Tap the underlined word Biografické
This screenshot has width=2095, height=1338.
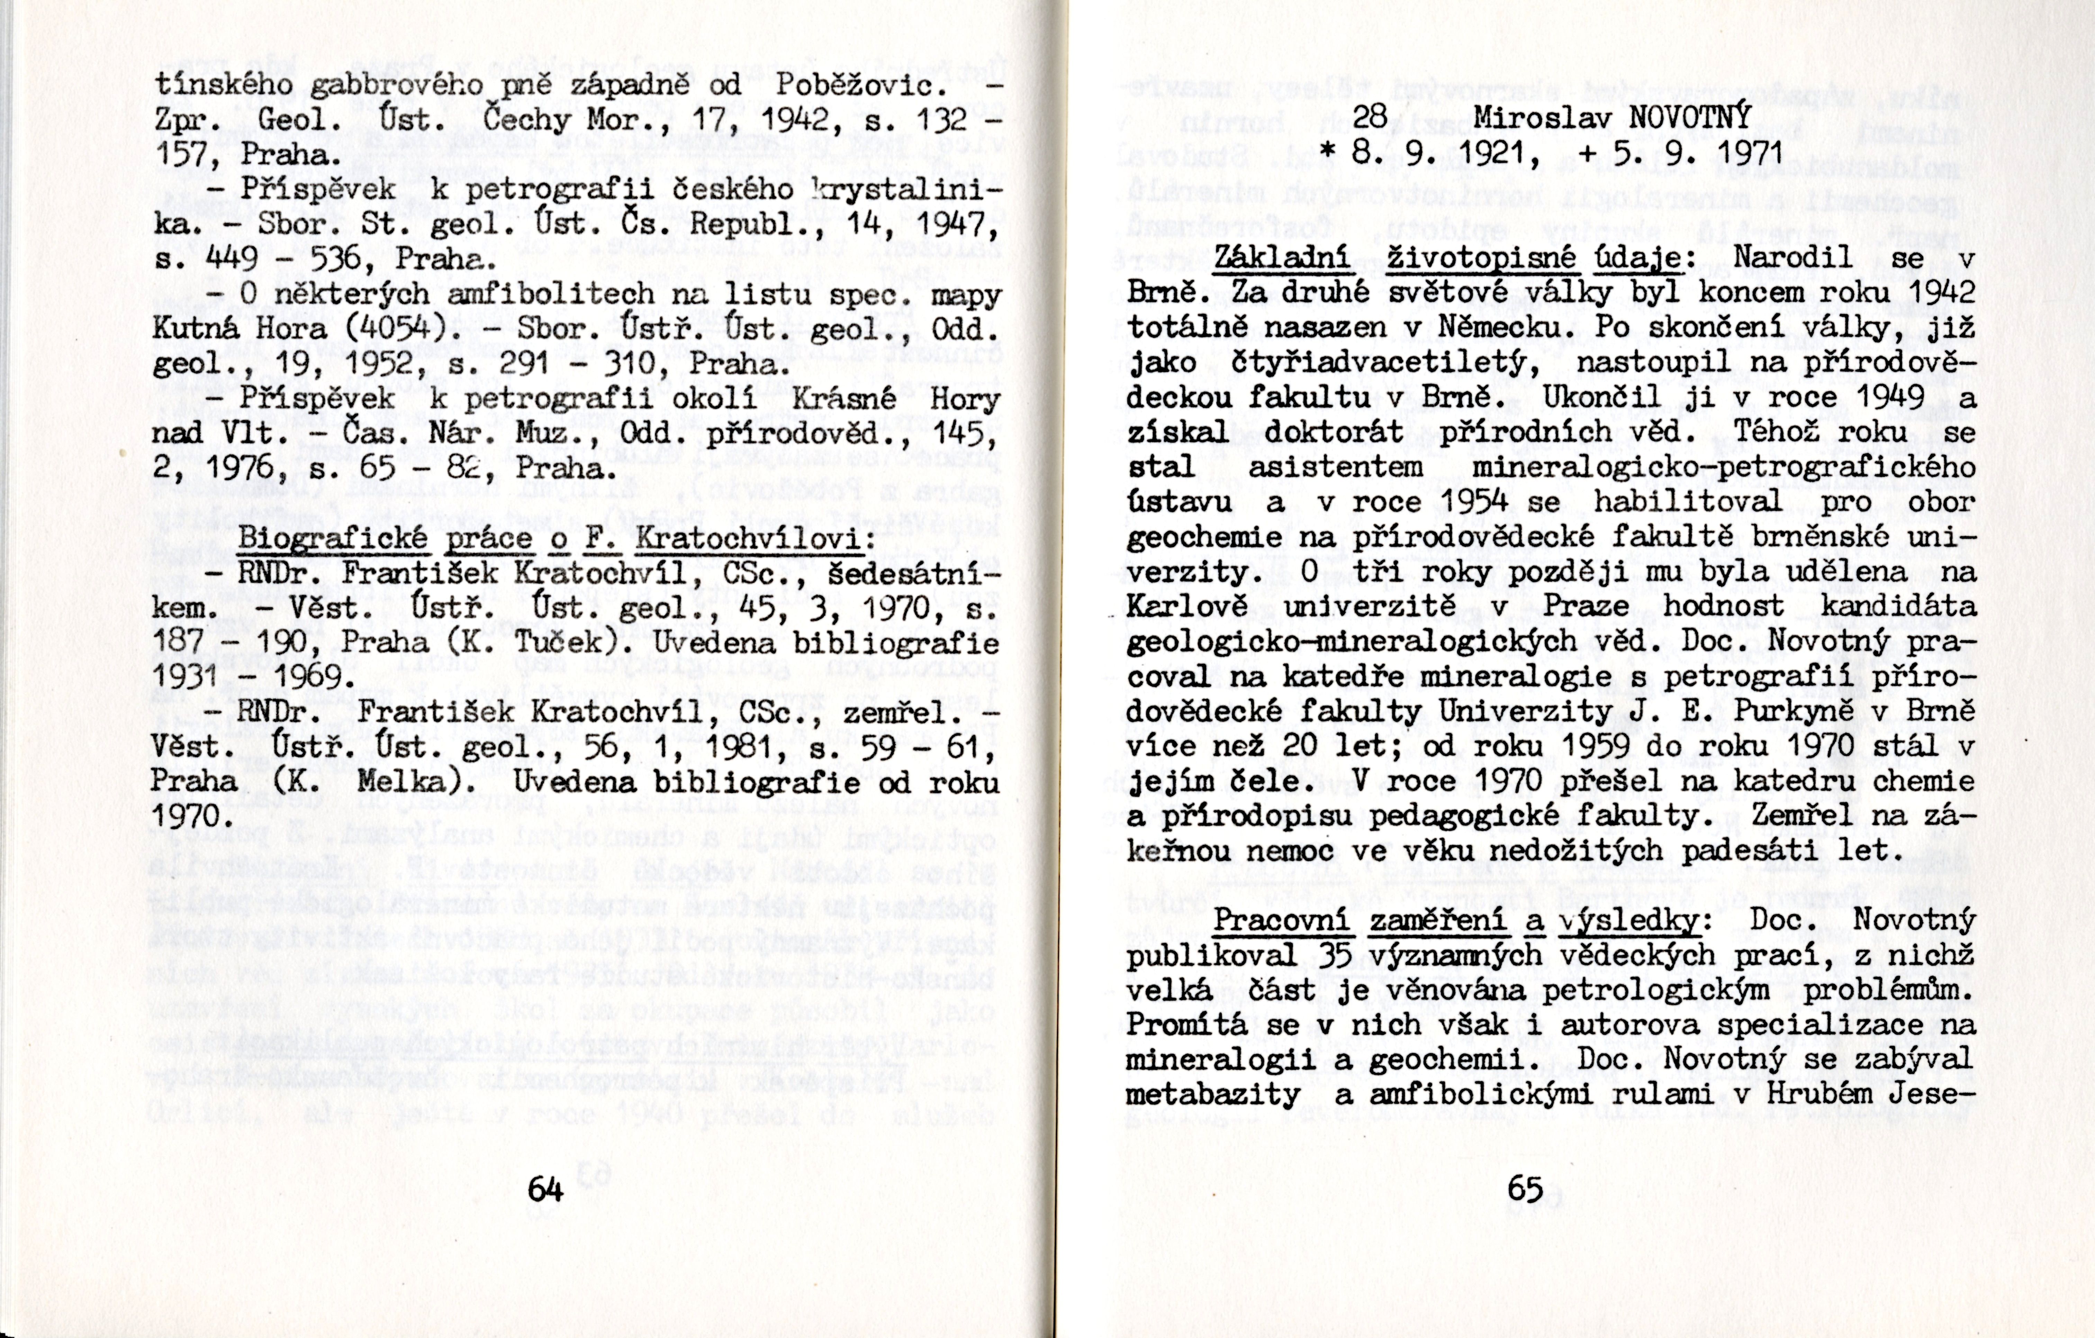(x=333, y=538)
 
